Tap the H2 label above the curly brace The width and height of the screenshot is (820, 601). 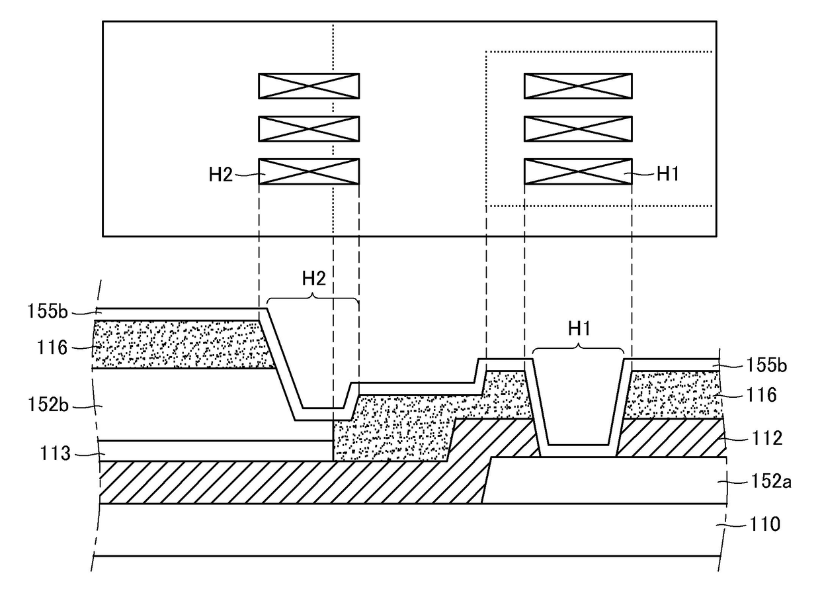tap(314, 279)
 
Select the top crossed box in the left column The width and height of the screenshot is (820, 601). tap(309, 86)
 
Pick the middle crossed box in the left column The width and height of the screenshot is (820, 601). tap(309, 128)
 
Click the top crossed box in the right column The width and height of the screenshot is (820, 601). tap(578, 86)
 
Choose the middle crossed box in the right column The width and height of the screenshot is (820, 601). tap(578, 128)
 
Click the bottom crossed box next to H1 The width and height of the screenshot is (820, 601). tap(578, 171)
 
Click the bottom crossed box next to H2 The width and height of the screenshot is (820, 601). tap(309, 171)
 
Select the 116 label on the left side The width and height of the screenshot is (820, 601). tap(58, 346)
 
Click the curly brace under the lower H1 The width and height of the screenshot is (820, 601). tap(579, 349)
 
